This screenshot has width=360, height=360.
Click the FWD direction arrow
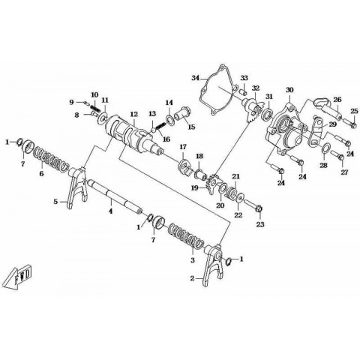(19, 277)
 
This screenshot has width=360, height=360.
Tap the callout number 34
(196, 78)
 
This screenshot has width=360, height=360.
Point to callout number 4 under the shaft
(110, 211)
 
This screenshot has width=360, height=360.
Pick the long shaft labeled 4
(114, 197)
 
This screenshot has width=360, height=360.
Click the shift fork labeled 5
(76, 186)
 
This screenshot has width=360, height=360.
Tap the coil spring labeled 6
(51, 159)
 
